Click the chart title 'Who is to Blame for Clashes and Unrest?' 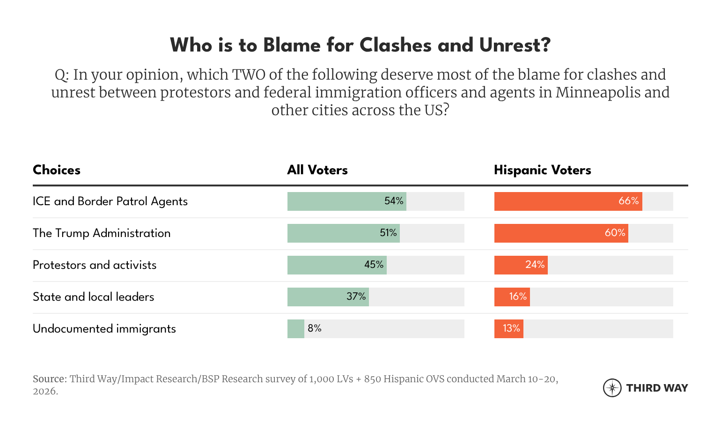click(x=360, y=45)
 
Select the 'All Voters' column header click(x=317, y=170)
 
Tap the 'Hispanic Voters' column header click(x=542, y=170)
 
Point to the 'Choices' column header click(x=57, y=170)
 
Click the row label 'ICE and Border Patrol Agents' click(x=110, y=201)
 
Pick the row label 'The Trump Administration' click(x=102, y=233)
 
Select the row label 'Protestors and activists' click(x=95, y=265)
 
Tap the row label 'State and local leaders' click(x=93, y=297)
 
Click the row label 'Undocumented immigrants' click(x=104, y=329)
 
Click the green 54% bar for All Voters click(x=346, y=201)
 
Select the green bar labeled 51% click(x=343, y=233)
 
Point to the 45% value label click(x=374, y=265)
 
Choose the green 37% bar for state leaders click(x=328, y=297)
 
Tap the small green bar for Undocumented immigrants click(x=296, y=329)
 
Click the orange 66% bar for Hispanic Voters click(x=568, y=201)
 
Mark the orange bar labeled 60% click(x=561, y=233)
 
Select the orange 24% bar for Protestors click(x=521, y=265)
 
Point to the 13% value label click(x=511, y=328)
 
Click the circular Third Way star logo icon click(x=612, y=388)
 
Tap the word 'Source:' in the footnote click(x=50, y=379)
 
